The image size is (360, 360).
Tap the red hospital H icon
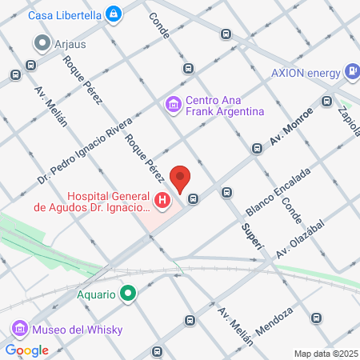pyautogui.click(x=163, y=200)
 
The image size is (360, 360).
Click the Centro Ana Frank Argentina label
pyautogui.click(x=224, y=106)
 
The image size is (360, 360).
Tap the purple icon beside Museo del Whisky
pyautogui.click(x=19, y=329)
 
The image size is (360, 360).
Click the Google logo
pyautogui.click(x=27, y=350)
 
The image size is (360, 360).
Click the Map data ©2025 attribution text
pyautogui.click(x=324, y=354)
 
